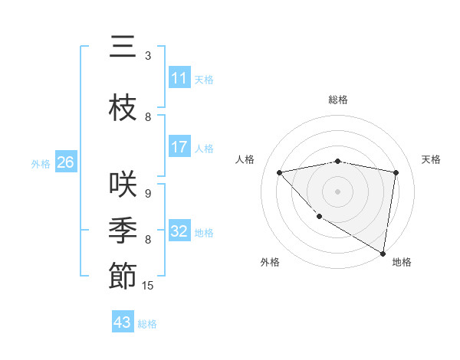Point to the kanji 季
click(123, 230)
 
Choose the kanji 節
click(123, 277)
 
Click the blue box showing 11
click(179, 78)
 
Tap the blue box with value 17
click(179, 147)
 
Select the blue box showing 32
click(179, 231)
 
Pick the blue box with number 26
click(65, 162)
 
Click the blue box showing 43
click(123, 322)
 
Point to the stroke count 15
click(149, 286)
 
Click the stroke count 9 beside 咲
click(148, 194)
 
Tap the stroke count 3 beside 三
click(148, 56)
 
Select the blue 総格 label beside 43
click(147, 324)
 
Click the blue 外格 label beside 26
click(41, 164)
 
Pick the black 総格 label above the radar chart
click(337, 100)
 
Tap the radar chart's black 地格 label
click(402, 262)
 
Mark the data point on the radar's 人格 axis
click(279, 172)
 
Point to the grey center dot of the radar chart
click(337, 191)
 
